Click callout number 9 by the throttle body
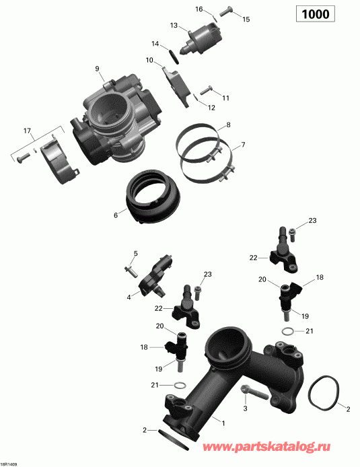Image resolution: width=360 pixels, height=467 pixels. [x=97, y=69]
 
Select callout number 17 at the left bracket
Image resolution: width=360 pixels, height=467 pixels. [x=28, y=130]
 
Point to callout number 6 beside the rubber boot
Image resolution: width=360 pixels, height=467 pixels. [x=116, y=215]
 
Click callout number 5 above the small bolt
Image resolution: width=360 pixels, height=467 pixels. [x=135, y=253]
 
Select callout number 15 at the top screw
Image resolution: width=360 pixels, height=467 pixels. [x=246, y=20]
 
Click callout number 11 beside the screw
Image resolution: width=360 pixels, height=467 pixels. [x=226, y=98]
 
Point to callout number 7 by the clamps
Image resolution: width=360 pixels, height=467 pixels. [x=243, y=145]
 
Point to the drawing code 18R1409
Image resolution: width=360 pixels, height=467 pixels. [x=11, y=462]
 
